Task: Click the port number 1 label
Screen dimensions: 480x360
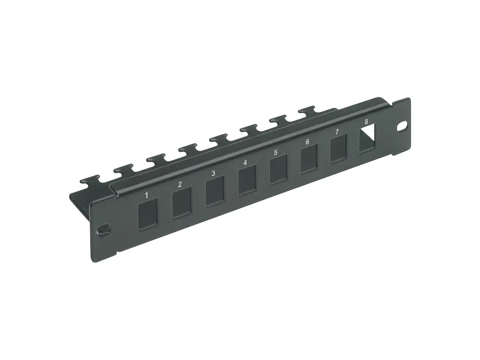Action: [x=146, y=195]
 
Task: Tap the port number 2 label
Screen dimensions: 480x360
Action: [x=180, y=184]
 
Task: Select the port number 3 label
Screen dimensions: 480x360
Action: [x=213, y=173]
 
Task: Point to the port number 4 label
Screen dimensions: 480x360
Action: [x=245, y=163]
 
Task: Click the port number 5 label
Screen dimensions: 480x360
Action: [x=276, y=153]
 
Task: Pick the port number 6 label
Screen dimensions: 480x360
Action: [x=307, y=142]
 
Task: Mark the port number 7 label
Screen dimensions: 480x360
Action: [x=337, y=132]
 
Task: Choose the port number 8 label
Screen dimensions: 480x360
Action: [x=366, y=122]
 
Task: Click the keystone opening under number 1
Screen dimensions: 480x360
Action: [x=148, y=214]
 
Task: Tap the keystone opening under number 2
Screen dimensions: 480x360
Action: [x=181, y=203]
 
